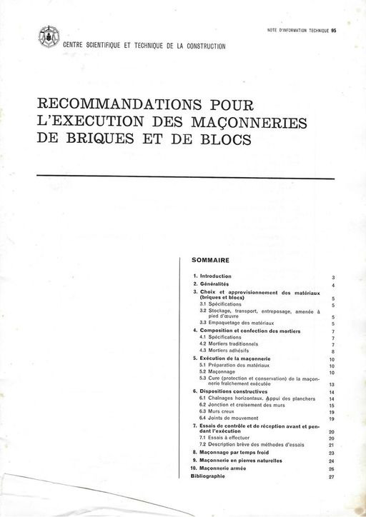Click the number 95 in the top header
click(334, 31)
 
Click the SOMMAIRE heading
click(211, 261)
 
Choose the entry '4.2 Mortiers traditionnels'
click(229, 343)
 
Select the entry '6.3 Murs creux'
click(217, 412)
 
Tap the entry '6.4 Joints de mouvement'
click(227, 418)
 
